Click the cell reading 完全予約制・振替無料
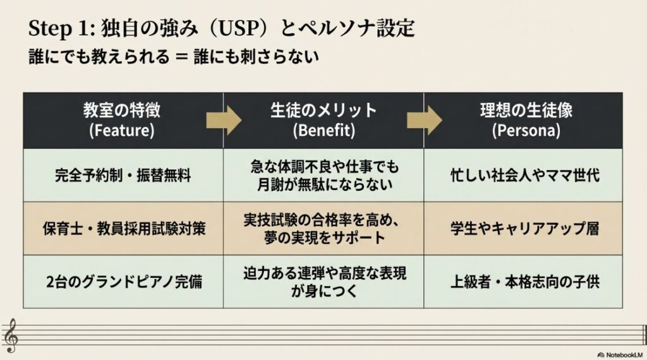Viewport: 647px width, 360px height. click(123, 175)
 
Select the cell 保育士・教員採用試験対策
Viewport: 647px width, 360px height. click(123, 228)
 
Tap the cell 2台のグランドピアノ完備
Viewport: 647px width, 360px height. click(123, 282)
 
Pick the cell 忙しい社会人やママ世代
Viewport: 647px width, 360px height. click(524, 175)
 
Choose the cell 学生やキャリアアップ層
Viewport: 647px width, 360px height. click(524, 228)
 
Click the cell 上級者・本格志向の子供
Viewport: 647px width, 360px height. click(524, 282)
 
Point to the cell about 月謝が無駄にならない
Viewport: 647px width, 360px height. click(323, 175)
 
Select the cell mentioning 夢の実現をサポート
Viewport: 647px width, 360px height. click(323, 228)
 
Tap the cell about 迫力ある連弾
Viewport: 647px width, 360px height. click(323, 282)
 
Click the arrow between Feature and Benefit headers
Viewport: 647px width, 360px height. click(224, 120)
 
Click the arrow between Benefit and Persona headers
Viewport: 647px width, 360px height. click(425, 120)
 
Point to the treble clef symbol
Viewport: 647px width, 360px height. click(11, 335)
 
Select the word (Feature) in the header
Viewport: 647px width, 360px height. click(122, 131)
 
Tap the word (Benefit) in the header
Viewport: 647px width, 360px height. click(323, 131)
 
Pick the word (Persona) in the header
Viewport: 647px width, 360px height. click(524, 131)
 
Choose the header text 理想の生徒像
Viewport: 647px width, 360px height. click(524, 111)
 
